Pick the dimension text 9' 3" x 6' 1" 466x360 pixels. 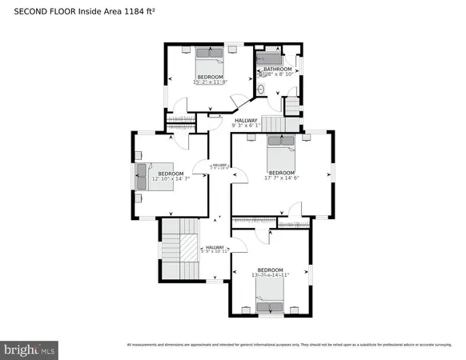click(246, 126)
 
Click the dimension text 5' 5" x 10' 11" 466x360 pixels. click(215, 252)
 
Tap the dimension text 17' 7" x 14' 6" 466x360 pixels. click(281, 178)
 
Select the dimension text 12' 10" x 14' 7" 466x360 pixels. click(171, 178)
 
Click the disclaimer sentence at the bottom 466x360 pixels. click(287, 345)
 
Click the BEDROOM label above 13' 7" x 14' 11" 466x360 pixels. click(270, 270)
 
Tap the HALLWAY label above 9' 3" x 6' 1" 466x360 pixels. click(246, 120)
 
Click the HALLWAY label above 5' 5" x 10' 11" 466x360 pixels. click(215, 247)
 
